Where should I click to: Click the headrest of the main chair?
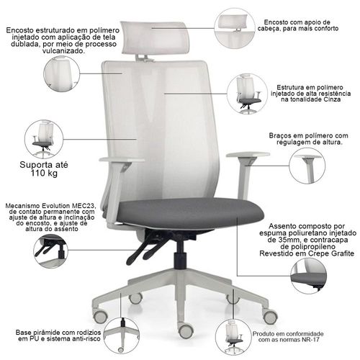pyautogui.click(x=155, y=38)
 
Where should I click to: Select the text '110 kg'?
pyautogui.click(x=44, y=174)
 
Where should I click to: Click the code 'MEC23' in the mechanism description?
pyautogui.click(x=85, y=206)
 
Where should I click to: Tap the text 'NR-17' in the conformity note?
pyautogui.click(x=311, y=340)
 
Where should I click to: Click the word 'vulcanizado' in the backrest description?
pyautogui.click(x=63, y=51)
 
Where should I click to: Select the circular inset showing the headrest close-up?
pyautogui.click(x=235, y=28)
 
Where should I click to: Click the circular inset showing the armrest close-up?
pyautogui.click(x=307, y=166)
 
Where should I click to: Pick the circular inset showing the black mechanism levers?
pyautogui.click(x=51, y=251)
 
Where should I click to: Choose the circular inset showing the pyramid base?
pyautogui.click(x=122, y=336)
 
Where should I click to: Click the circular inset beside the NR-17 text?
pyautogui.click(x=233, y=337)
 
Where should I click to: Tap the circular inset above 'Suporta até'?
pyautogui.click(x=44, y=139)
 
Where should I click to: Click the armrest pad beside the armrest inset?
pyautogui.click(x=248, y=155)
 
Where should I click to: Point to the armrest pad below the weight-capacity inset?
pyautogui.click(x=122, y=160)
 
